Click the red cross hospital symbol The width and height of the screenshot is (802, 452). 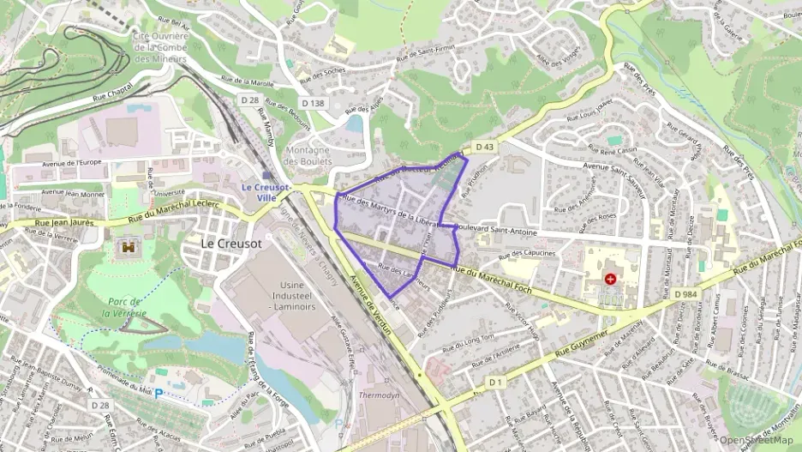pos(610,279)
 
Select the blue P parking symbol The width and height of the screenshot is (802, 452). pos(159,395)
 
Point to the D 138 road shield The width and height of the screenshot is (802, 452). pos(314,103)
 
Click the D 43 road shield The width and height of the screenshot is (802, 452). pos(485,147)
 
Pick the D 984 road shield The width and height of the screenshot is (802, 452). pos(686,294)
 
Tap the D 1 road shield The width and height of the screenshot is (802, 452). pos(496,381)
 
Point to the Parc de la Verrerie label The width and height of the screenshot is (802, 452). pos(128,307)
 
